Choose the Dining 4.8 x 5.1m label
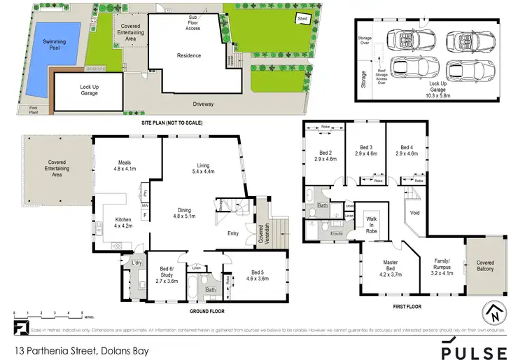point(183,213)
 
